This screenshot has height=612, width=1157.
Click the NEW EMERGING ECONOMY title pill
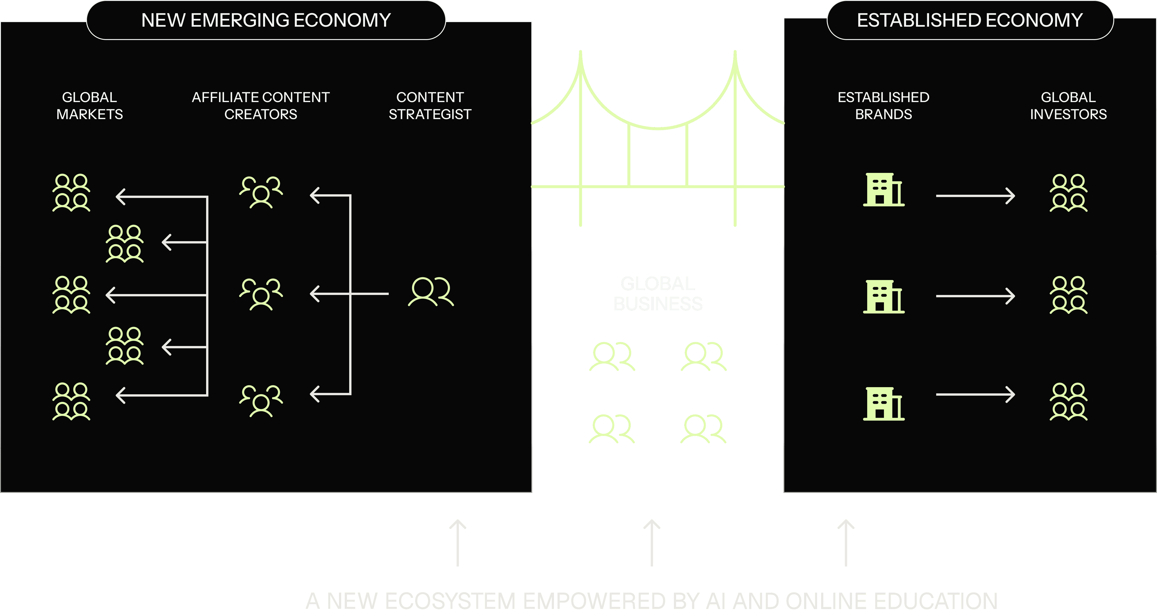click(x=266, y=20)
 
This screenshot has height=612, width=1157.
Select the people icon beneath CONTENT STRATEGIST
click(x=431, y=292)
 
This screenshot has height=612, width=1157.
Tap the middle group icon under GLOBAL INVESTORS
click(x=1068, y=295)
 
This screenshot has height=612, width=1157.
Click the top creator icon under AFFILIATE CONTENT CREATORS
click(x=261, y=192)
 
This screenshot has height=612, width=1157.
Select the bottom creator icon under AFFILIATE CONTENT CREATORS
click(x=261, y=401)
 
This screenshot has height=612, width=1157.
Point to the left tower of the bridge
click(x=580, y=139)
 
